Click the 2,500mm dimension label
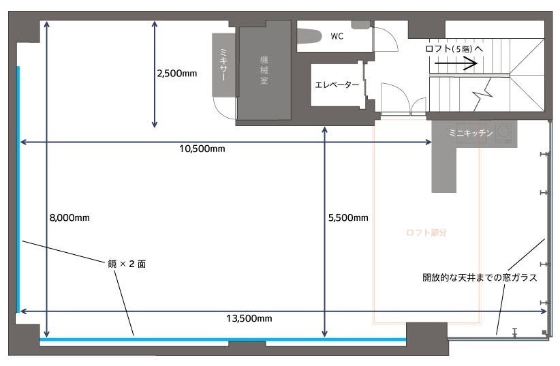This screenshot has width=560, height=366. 176,74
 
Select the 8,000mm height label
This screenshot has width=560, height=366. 69,218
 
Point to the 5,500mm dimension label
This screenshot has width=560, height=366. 348,218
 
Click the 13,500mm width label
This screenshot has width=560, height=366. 249,318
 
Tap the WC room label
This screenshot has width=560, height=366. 337,36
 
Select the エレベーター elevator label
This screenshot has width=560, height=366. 337,85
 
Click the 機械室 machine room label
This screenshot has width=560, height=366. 264,71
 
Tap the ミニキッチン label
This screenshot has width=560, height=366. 471,134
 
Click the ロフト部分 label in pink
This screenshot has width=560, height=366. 426,232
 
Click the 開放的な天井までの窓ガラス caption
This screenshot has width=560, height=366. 480,277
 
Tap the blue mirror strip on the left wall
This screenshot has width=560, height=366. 18,187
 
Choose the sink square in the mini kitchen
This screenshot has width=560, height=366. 505,132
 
